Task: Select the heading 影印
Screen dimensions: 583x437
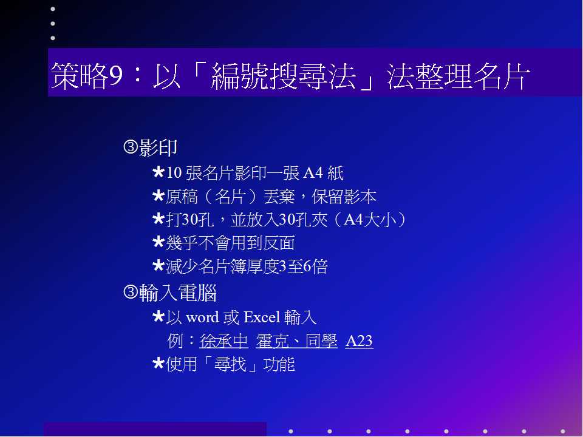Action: coord(158,148)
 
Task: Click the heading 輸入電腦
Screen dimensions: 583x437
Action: coord(178,293)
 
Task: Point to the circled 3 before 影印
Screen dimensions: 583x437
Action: coord(131,147)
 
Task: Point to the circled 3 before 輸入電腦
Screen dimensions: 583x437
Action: coord(131,292)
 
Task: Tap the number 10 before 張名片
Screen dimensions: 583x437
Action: coord(174,173)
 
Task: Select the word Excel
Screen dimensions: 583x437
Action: coord(262,317)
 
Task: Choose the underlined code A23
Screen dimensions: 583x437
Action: coord(359,340)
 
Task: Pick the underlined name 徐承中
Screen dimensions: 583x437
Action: coord(224,340)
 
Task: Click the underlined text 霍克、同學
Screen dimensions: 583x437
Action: coord(297,340)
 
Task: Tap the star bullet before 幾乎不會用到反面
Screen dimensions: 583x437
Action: coord(159,242)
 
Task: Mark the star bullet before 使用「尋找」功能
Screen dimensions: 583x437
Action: coord(159,364)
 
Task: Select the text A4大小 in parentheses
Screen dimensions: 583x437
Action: coord(370,220)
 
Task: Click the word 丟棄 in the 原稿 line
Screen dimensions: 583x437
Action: coord(279,197)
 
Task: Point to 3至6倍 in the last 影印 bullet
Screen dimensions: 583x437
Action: coord(303,266)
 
